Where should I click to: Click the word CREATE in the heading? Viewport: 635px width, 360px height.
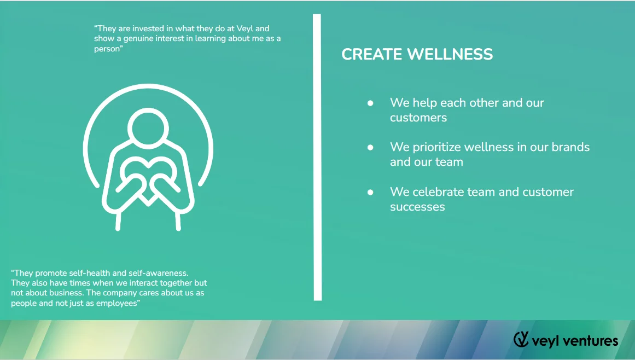[372, 54]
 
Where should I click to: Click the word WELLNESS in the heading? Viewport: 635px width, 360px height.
[450, 54]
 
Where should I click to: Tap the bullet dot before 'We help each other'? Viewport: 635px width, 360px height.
[370, 103]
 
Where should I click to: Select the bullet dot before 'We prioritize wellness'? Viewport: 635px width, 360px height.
[370, 147]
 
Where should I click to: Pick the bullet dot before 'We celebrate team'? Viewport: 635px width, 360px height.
[370, 192]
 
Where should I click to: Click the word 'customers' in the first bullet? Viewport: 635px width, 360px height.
[418, 118]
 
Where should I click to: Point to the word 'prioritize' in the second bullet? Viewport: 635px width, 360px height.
[436, 147]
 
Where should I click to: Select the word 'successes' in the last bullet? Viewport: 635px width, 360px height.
[417, 207]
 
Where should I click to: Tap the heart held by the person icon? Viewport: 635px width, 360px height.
[148, 178]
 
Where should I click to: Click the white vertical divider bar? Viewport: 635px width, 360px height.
[317, 157]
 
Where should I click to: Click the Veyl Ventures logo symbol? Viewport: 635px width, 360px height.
[521, 339]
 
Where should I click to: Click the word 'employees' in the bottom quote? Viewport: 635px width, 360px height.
[118, 303]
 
